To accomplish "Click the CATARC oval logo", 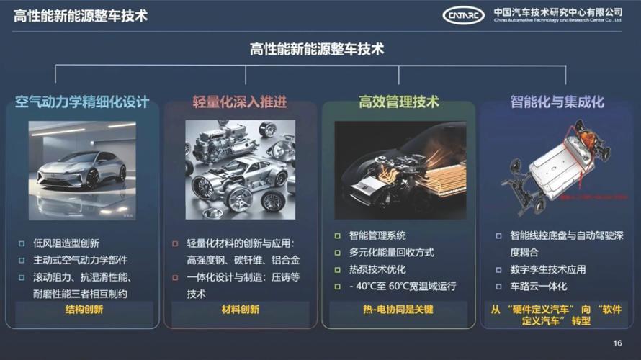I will (x=463, y=15).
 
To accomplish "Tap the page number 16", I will (x=617, y=342).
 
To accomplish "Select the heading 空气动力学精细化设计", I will (x=82, y=102).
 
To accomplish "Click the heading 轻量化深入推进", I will (x=240, y=102).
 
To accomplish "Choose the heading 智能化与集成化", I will (x=557, y=102).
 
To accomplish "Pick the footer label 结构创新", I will (x=84, y=310).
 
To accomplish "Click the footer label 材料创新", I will (x=240, y=310).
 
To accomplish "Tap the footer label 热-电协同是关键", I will (x=398, y=310).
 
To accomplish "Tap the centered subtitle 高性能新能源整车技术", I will (x=317, y=49).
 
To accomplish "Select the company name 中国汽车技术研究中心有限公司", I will (x=557, y=12).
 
